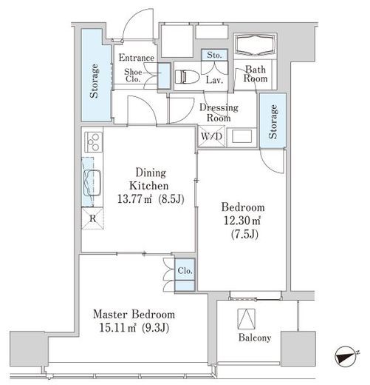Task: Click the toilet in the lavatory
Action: (187, 77)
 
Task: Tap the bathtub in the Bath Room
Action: (255, 44)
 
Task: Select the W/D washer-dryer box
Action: (211, 136)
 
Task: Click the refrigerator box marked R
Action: (92, 218)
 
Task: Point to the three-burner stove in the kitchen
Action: (94, 142)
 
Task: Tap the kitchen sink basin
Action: (92, 183)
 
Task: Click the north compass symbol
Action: (346, 357)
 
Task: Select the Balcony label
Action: (255, 338)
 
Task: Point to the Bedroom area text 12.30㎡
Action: (242, 221)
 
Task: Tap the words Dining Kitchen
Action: (149, 179)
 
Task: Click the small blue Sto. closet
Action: (214, 55)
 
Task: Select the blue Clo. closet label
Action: (185, 270)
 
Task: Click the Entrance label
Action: (137, 58)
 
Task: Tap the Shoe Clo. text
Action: (133, 76)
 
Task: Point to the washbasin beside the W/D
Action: (242, 136)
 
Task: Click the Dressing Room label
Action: (219, 113)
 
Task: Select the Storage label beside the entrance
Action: (95, 81)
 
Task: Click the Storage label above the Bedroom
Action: (273, 121)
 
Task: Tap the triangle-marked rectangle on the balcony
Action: (246, 319)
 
